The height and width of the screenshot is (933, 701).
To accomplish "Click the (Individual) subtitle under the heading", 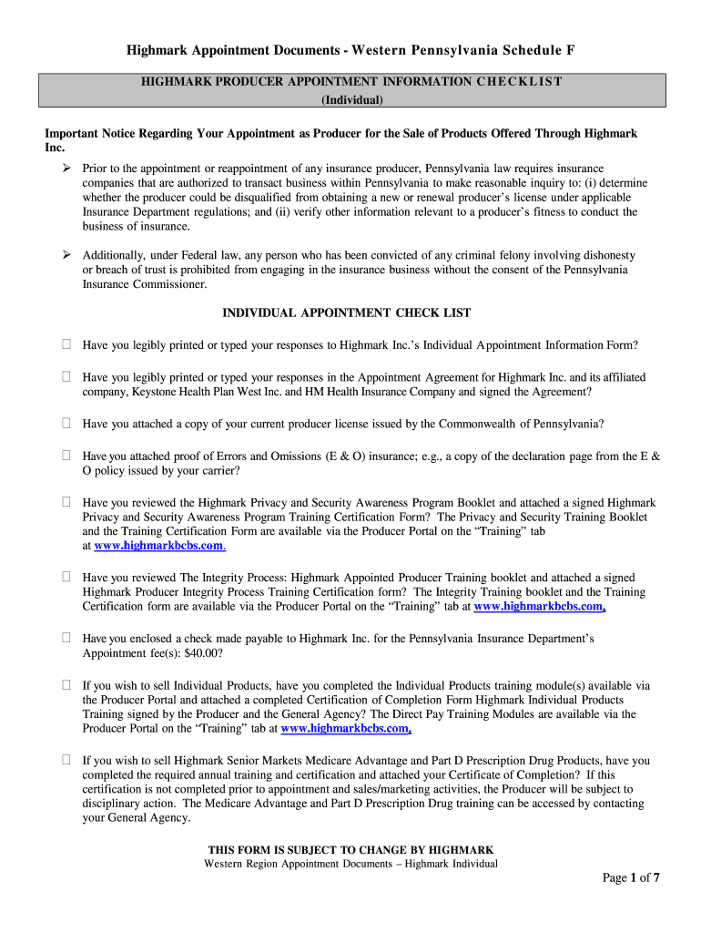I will (350, 99).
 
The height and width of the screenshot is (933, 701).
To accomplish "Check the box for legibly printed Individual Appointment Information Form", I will (66, 345).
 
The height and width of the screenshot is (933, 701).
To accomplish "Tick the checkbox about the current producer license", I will (66, 424).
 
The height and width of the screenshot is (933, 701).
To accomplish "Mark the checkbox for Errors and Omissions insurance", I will (66, 456).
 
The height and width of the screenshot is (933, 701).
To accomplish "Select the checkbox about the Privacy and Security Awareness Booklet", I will (66, 502).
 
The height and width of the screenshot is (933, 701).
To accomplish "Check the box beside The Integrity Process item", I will (66, 577).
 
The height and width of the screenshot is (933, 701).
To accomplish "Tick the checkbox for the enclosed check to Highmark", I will (66, 639).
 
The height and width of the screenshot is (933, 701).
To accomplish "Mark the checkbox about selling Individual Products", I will (66, 685).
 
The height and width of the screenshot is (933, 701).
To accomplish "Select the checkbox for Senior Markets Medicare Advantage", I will (66, 760).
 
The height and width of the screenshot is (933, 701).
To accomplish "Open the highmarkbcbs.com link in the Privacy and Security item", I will (159, 546).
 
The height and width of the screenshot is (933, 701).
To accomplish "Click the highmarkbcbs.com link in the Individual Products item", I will (346, 728).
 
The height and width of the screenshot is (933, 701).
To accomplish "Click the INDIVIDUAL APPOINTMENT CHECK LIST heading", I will (347, 313).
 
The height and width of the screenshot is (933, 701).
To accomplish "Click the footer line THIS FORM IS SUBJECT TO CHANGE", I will (350, 849).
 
